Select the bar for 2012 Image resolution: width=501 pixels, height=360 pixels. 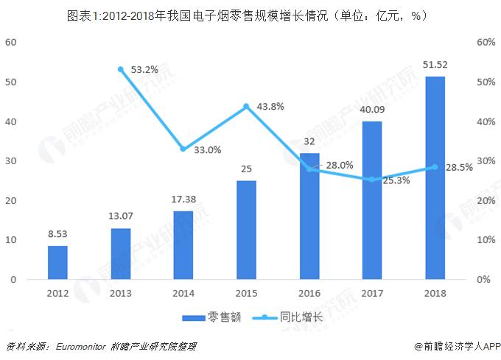coord(57,263)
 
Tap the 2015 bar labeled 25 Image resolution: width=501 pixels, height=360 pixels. coord(247,230)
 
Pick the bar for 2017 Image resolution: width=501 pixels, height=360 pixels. coord(373,200)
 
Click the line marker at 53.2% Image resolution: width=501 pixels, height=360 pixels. coord(120,69)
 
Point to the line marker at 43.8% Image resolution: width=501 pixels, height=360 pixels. coord(247,106)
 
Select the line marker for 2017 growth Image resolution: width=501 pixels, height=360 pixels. coord(373,180)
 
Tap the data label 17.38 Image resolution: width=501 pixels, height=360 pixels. coord(183,199)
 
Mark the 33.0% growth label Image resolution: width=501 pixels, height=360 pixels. coord(207,149)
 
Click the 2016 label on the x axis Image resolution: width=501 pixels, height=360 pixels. coord(309,293)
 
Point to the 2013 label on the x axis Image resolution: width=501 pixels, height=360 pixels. coord(120,293)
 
